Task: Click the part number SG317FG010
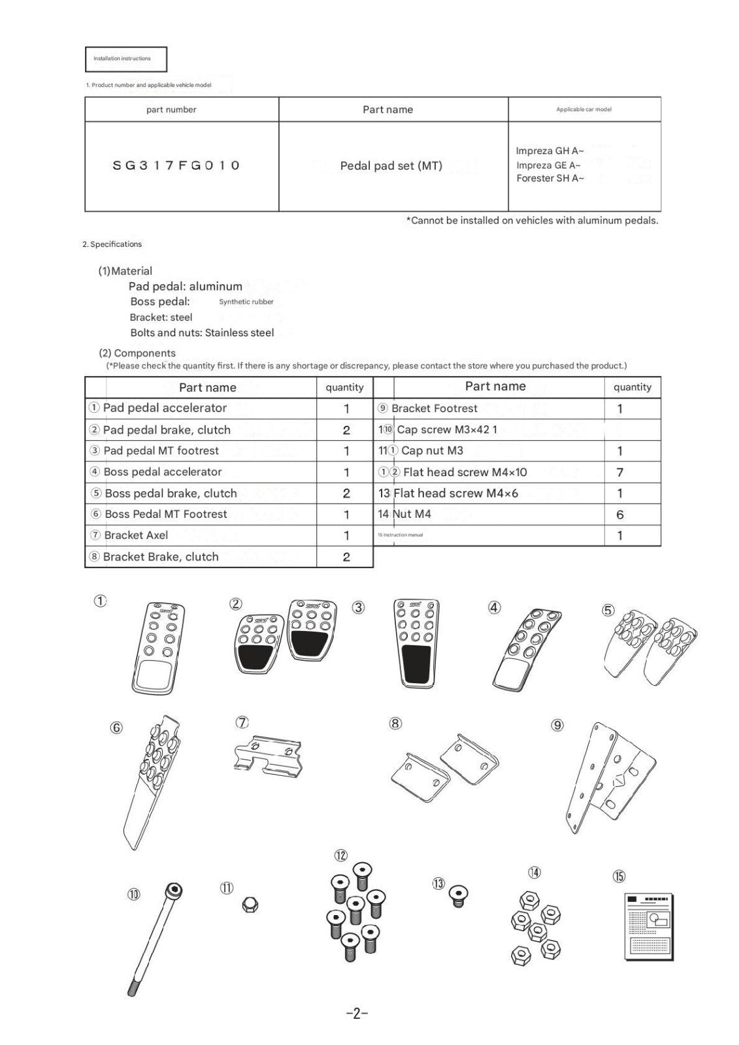tap(176, 165)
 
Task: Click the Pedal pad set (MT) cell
tap(391, 166)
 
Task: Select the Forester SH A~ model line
tap(550, 178)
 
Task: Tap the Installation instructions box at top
tap(126, 59)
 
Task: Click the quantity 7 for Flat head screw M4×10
tap(619, 472)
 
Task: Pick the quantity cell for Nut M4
tap(619, 515)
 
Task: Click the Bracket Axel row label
tap(136, 536)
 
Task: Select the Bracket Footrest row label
tap(435, 409)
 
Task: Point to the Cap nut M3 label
tap(432, 451)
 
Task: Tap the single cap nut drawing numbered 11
tap(249, 905)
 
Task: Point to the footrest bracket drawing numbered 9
tap(610, 777)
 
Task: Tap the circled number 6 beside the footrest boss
tap(116, 727)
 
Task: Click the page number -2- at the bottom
tap(357, 1014)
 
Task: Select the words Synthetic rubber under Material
tap(246, 302)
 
